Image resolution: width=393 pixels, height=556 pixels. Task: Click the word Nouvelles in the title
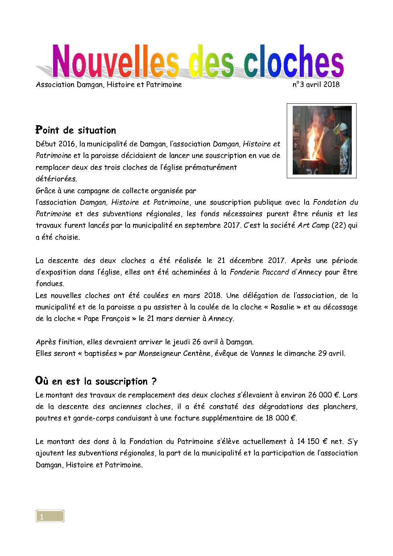tap(115, 62)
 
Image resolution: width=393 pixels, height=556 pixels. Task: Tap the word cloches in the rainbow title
tap(293, 62)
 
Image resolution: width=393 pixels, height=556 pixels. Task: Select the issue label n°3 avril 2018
tap(316, 84)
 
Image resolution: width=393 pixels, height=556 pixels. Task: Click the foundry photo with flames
tap(322, 140)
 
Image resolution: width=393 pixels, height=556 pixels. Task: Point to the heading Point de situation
tap(76, 130)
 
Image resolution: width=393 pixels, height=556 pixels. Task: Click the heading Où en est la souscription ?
tap(96, 381)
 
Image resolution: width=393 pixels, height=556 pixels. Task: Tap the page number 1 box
tap(50, 516)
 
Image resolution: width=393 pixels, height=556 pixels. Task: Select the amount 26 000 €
tap(324, 395)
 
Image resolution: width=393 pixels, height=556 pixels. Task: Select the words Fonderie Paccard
tap(259, 272)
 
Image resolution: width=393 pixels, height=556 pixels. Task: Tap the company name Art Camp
tap(313, 225)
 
